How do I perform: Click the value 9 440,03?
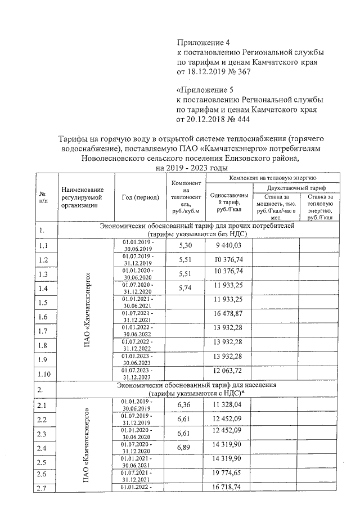pos(228,245)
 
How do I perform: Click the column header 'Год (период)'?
pos(140,197)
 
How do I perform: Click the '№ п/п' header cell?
pos(43,197)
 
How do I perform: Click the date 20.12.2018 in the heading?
pos(205,119)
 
